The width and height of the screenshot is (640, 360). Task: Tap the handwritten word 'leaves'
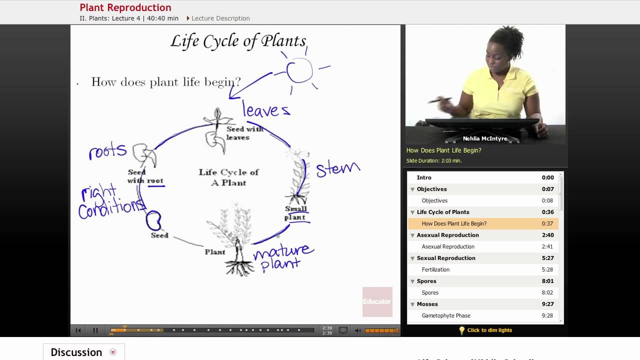[266, 109]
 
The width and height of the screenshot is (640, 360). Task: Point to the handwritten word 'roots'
[107, 151]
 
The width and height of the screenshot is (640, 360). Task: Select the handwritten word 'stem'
[337, 169]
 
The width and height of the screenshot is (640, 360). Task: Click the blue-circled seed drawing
[153, 219]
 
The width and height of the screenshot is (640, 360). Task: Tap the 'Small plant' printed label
[295, 213]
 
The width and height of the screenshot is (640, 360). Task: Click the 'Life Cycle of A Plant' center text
[228, 177]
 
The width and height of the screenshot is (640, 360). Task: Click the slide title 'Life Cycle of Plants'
[238, 41]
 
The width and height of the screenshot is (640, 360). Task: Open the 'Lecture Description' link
[220, 18]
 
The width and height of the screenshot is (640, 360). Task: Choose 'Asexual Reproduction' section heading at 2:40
[447, 235]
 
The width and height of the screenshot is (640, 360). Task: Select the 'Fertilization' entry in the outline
[435, 269]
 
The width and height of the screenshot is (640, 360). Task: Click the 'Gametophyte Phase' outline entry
[446, 315]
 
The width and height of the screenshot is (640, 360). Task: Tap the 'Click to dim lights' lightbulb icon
[462, 330]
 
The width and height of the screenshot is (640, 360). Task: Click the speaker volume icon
[357, 330]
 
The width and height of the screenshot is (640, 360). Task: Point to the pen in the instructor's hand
[439, 100]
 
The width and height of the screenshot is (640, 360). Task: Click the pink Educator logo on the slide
[377, 301]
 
